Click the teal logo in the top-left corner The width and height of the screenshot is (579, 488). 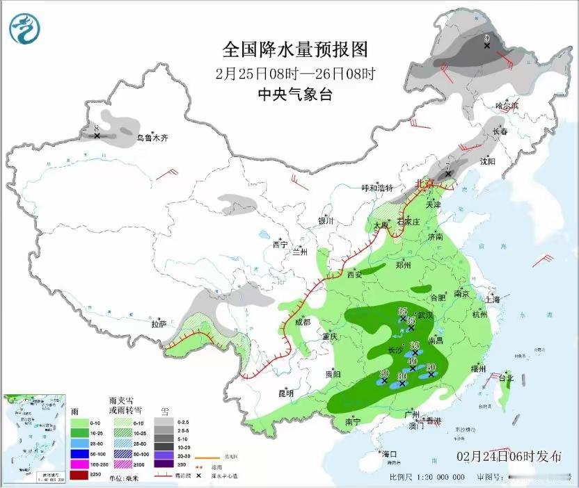[x=25, y=29]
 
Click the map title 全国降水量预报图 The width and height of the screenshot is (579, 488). [x=294, y=50]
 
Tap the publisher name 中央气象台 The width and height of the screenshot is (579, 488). [x=294, y=95]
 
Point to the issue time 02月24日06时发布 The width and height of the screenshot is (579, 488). [x=509, y=457]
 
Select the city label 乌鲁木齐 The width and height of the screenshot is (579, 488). [x=152, y=138]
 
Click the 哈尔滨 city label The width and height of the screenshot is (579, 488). [x=507, y=106]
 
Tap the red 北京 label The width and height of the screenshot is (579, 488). [x=424, y=184]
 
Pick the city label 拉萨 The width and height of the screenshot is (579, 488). [x=159, y=323]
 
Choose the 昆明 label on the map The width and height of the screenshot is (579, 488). [x=286, y=393]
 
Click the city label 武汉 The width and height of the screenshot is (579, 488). [x=425, y=315]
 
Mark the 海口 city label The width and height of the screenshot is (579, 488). [x=390, y=454]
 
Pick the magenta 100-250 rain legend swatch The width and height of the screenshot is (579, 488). [x=77, y=463]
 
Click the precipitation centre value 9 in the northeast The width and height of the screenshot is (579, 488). [x=487, y=38]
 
